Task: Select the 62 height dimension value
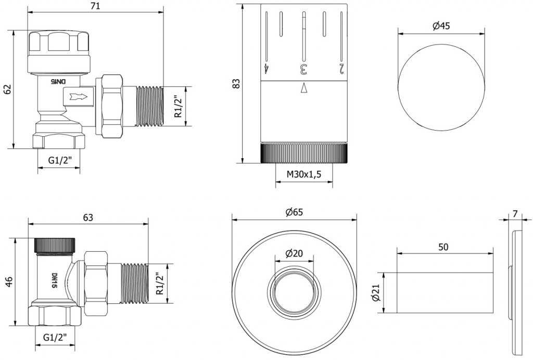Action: pyautogui.click(x=7, y=89)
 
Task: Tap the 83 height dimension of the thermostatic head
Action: pyautogui.click(x=236, y=83)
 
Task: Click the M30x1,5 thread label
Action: pyautogui.click(x=304, y=175)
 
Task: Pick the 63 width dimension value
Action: pyautogui.click(x=88, y=217)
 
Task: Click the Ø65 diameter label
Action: pyautogui.click(x=294, y=212)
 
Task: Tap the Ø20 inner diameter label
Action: pyautogui.click(x=294, y=253)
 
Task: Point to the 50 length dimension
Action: pyautogui.click(x=443, y=247)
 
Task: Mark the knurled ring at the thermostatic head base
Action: pyautogui.click(x=304, y=153)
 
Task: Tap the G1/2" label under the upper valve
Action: pyautogui.click(x=59, y=161)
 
